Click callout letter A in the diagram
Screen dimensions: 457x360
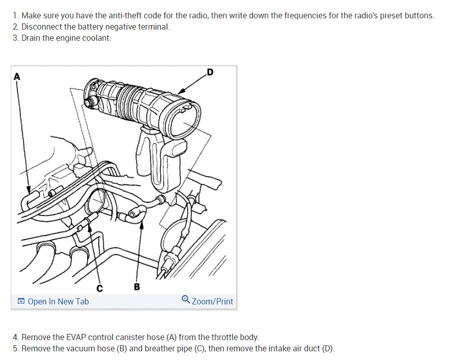click(17, 76)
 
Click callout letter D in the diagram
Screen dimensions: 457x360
click(210, 72)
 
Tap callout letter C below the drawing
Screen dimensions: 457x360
click(99, 288)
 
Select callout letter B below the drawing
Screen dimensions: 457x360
click(137, 287)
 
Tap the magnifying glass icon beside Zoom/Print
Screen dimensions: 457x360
click(186, 299)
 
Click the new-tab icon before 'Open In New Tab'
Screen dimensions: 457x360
click(21, 301)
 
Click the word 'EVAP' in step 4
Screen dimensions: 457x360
click(76, 337)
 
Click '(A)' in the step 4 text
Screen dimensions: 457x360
click(171, 337)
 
